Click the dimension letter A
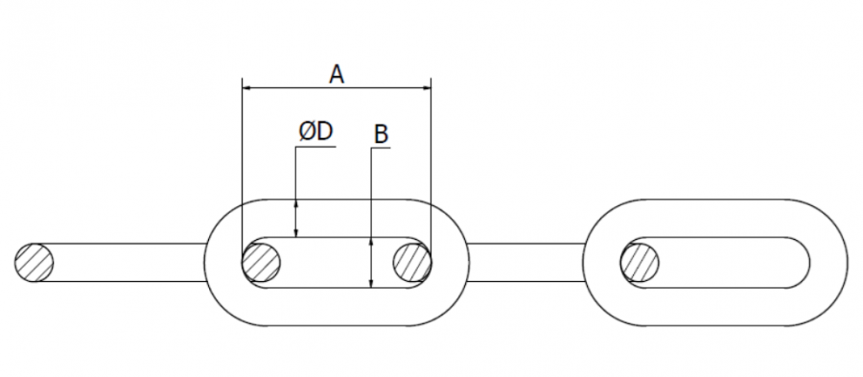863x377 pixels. pos(337,74)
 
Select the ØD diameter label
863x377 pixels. pos(315,132)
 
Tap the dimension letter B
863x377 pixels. pos(381,135)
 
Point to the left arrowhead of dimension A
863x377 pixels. pos(247,87)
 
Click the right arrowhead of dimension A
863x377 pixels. pos(426,87)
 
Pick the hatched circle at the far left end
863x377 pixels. pos(35,263)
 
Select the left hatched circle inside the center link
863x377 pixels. pos(261,263)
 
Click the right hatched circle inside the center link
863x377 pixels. pos(412,263)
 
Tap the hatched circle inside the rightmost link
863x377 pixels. pos(640,263)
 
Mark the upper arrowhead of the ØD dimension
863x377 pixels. pos(296,204)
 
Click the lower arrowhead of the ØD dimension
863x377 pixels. pos(296,232)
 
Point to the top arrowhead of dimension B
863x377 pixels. pos(371,244)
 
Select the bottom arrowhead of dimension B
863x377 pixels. pos(371,282)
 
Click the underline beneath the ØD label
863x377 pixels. pos(315,148)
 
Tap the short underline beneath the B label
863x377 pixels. pos(381,149)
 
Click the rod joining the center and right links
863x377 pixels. pos(525,263)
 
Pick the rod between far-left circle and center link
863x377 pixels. pos(129,263)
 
